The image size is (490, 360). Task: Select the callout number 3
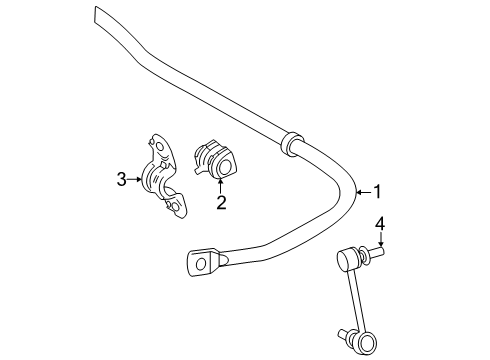(x=121, y=180)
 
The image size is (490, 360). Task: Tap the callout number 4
(x=379, y=224)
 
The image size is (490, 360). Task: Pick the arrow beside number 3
(x=137, y=180)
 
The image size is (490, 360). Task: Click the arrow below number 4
(x=379, y=243)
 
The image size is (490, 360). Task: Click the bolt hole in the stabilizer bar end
(x=200, y=264)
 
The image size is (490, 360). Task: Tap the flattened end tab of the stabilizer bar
(x=203, y=262)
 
